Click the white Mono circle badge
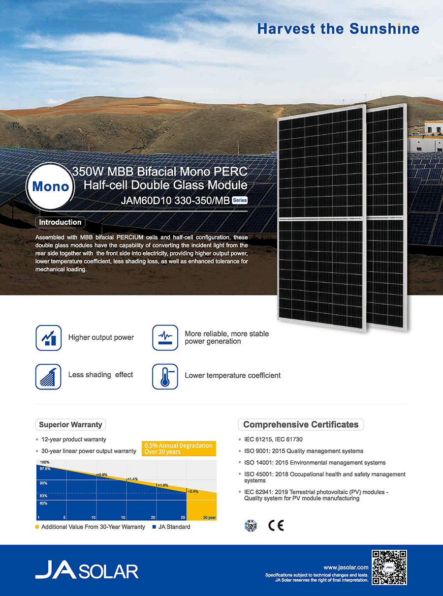click(x=50, y=186)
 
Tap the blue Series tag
click(x=239, y=200)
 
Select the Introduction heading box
click(x=60, y=222)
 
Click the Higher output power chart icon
click(x=49, y=338)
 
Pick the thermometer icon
click(x=165, y=377)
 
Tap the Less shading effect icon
click(x=48, y=377)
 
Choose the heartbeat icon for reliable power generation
click(x=165, y=337)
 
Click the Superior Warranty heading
click(x=70, y=424)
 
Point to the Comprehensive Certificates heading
click(x=301, y=424)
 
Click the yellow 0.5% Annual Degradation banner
click(x=179, y=448)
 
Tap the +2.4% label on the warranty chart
click(x=193, y=491)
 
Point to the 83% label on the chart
click(x=44, y=496)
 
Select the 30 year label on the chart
click(x=209, y=517)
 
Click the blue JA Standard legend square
click(x=154, y=527)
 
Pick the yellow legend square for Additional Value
click(x=37, y=527)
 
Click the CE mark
click(x=276, y=526)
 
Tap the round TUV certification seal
click(x=251, y=526)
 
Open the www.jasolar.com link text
click(x=346, y=567)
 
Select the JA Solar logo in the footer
click(x=87, y=569)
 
